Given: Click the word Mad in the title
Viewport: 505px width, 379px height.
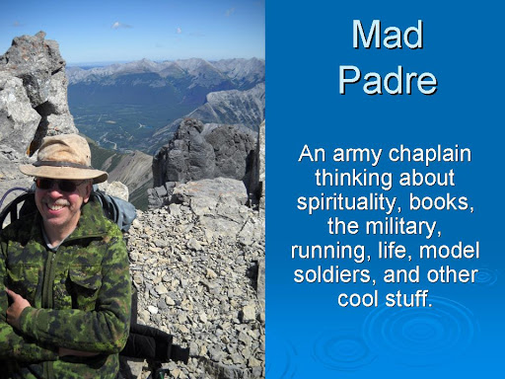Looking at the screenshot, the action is (388, 35).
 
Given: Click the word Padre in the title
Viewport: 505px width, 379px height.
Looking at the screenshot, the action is (388, 80).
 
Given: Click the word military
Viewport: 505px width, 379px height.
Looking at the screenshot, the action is (403, 227).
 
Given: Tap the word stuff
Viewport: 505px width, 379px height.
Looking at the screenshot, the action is (408, 298).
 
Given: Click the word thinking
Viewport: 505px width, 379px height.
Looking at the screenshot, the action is (353, 178).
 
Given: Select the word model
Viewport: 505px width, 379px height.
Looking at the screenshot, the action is (449, 250).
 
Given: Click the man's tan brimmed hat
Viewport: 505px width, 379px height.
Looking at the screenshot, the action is (63, 159).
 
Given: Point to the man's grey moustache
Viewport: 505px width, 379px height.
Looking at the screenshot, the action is (56, 201).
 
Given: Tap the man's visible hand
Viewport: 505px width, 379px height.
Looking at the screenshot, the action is (16, 306).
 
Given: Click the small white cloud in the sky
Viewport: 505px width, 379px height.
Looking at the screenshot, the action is (119, 25).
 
